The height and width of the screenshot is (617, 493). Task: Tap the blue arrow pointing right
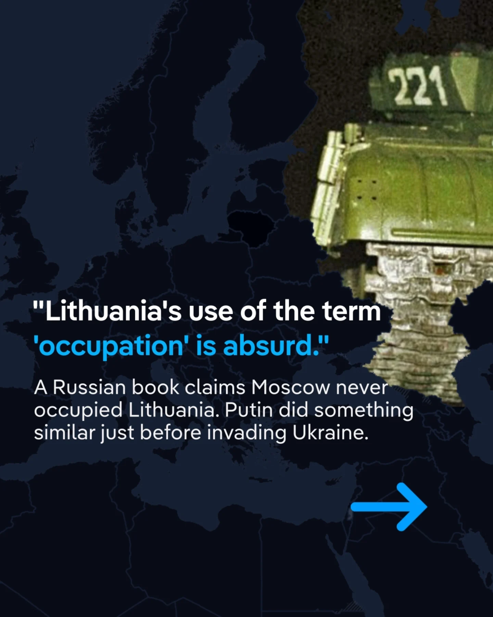point(389,507)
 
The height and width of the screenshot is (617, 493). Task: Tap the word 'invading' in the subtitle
point(246,434)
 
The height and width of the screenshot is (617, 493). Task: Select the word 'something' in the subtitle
point(364,411)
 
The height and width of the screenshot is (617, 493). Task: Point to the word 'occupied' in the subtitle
point(78,411)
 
